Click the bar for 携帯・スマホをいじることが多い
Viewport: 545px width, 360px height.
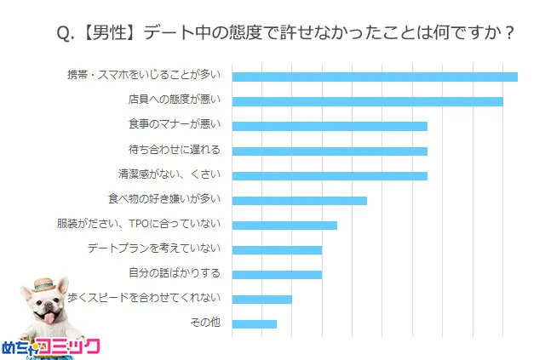375,77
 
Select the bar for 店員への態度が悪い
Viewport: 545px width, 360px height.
367,101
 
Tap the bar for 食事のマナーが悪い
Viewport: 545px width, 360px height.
330,126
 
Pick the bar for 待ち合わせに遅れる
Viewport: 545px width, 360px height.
330,151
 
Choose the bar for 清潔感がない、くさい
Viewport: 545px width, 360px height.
330,175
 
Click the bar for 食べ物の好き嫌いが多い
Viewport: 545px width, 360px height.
299,200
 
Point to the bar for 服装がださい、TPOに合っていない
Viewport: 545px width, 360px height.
284,225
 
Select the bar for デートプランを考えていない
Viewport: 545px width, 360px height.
277,249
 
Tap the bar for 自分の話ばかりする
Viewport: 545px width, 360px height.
277,274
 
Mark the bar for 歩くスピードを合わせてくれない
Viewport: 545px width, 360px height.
261,299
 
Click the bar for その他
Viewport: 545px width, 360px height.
254,323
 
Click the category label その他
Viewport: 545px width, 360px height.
205,323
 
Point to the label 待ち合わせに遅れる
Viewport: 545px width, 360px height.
174,150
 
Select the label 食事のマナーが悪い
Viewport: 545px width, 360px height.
174,125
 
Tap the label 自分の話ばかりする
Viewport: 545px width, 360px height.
174,273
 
